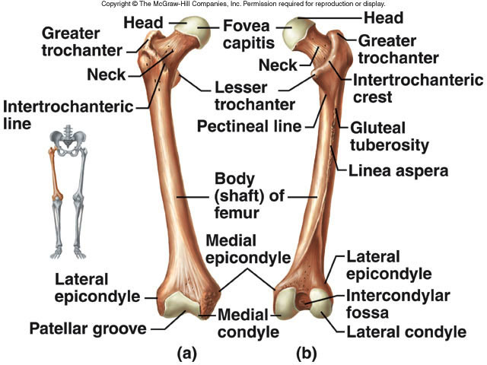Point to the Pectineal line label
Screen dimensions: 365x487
click(249, 125)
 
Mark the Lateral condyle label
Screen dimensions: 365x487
click(406, 332)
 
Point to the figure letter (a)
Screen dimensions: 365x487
click(189, 354)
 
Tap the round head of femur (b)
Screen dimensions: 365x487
click(297, 35)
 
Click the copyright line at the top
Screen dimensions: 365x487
click(243, 5)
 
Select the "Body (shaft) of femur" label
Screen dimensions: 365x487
click(249, 195)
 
